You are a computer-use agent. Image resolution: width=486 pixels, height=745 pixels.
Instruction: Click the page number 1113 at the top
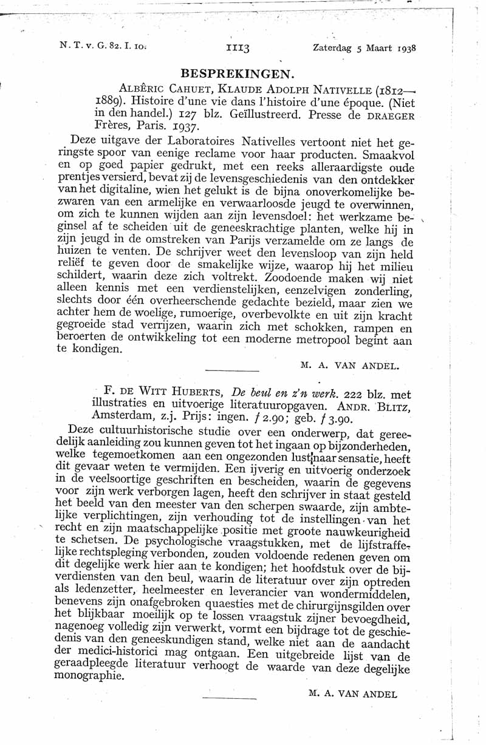pyautogui.click(x=238, y=47)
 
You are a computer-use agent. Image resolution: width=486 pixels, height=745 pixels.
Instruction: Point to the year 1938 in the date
pyautogui.click(x=405, y=47)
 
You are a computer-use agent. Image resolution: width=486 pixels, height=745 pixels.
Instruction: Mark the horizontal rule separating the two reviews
pyautogui.click(x=232, y=370)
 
